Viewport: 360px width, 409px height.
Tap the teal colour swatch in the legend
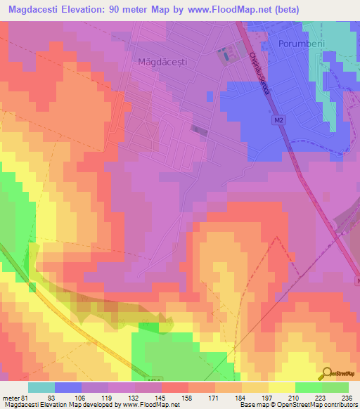tap(41, 388)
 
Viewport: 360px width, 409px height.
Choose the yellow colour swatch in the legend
tap(281, 388)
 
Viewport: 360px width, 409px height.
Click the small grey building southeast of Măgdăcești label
tap(200, 129)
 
